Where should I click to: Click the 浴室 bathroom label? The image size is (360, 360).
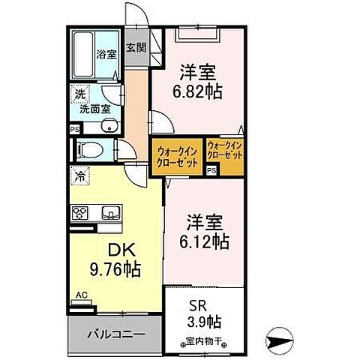tap(106, 54)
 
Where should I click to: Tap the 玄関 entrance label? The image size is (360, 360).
tap(136, 49)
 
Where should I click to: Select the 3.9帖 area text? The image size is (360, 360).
tap(204, 322)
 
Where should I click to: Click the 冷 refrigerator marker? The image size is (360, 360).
tap(79, 178)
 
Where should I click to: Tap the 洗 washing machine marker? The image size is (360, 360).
tap(78, 95)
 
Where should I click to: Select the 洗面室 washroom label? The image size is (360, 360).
tap(94, 111)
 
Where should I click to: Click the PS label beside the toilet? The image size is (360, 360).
tap(73, 128)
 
